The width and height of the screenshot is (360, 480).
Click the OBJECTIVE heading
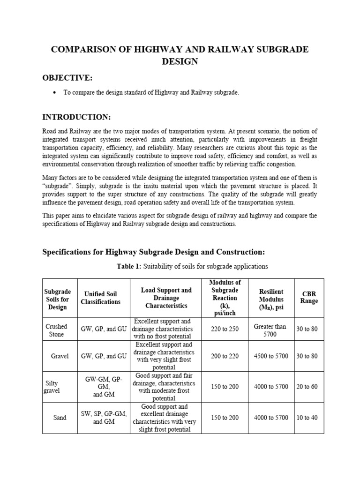pos(67,77)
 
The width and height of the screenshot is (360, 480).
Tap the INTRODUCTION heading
pos(76,117)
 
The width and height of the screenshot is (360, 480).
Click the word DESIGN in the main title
pos(180,61)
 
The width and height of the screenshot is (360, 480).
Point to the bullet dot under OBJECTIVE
pos(55,93)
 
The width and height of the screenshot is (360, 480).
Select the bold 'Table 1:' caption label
pos(132,266)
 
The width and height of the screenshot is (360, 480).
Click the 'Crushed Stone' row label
pos(56,330)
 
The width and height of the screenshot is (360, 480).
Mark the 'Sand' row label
pos(60,418)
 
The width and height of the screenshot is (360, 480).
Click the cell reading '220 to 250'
pos(225,329)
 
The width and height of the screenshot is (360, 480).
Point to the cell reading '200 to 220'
pos(225,356)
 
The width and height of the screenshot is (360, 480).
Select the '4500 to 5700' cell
pos(271,356)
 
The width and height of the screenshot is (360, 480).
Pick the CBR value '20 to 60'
pos(307,387)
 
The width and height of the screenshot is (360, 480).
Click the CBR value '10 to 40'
pos(307,418)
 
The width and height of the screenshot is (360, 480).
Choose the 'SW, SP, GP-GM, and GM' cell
pos(104,417)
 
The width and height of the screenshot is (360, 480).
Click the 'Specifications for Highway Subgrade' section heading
pos(153,252)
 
